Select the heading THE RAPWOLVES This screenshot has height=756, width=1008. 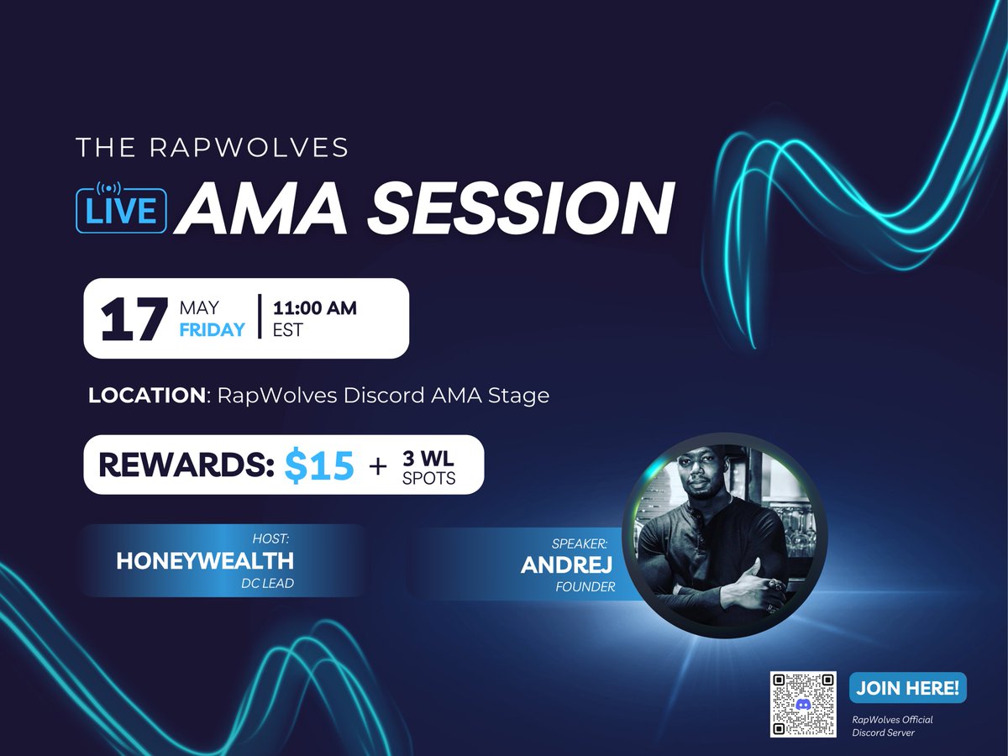pyautogui.click(x=212, y=148)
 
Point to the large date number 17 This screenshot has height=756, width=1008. pyautogui.click(x=129, y=319)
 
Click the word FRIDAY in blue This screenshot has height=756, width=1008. pyautogui.click(x=213, y=329)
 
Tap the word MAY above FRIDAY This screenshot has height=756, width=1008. pyautogui.click(x=199, y=307)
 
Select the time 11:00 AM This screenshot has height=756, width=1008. pyautogui.click(x=315, y=308)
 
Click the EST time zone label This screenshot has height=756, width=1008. pyautogui.click(x=288, y=330)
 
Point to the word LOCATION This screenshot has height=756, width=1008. pyautogui.click(x=146, y=395)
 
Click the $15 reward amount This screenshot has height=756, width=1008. pyautogui.click(x=318, y=465)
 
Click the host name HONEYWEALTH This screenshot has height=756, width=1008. pyautogui.click(x=205, y=561)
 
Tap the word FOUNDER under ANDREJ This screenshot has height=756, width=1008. pyautogui.click(x=585, y=587)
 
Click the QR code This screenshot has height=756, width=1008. pyautogui.click(x=803, y=704)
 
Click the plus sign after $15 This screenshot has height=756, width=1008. pyautogui.click(x=379, y=465)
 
